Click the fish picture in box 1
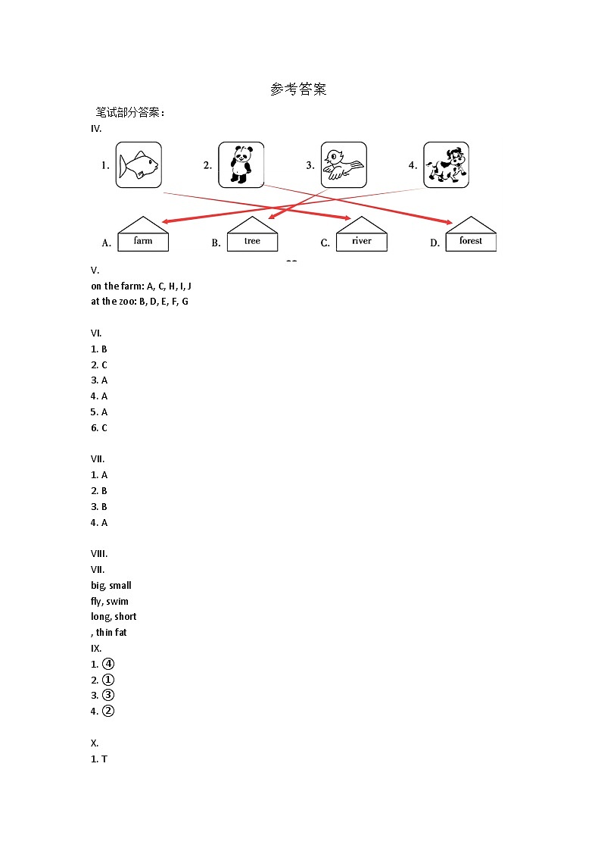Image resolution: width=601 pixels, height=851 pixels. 139,164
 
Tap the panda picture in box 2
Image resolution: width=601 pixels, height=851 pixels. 241,164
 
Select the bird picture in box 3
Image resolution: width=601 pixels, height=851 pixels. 344,164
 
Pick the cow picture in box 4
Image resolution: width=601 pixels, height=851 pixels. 446,164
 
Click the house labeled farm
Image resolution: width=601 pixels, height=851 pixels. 143,235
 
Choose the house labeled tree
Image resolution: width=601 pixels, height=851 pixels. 252,235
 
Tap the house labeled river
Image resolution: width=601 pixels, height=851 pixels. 362,235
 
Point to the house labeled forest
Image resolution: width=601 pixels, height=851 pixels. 471,235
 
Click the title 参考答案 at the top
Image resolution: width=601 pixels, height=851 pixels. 298,89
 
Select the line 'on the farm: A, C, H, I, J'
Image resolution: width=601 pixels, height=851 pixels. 141,286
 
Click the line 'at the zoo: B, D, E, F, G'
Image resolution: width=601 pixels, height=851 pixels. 139,301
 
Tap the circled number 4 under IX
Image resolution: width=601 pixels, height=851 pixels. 107,664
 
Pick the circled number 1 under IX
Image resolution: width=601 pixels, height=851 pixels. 107,680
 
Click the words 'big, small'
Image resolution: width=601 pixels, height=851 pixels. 111,585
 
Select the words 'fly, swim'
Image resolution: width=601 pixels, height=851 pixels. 110,601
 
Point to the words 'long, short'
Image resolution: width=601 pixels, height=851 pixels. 114,616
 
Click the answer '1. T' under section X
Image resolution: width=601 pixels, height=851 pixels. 99,759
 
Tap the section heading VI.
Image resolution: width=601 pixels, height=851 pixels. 96,333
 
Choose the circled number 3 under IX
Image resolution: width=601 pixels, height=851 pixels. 107,695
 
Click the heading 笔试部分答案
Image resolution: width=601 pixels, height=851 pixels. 129,112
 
